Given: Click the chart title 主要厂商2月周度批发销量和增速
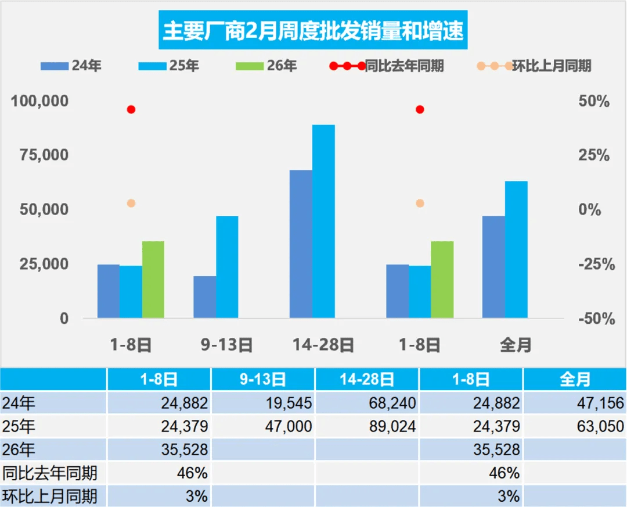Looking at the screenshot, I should click(313, 31).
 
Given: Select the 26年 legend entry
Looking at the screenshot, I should click(266, 66).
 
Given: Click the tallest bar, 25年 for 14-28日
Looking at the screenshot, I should click(323, 221).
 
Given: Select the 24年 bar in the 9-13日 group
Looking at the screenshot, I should click(204, 297).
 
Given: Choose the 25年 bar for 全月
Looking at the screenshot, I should click(516, 249).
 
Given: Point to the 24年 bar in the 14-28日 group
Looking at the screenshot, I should click(301, 244).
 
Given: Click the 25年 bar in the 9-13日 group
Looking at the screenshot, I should click(227, 267).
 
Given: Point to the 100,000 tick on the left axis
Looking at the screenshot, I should click(39, 101).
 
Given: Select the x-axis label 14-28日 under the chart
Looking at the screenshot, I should click(324, 345).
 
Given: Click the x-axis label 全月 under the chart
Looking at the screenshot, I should click(516, 345).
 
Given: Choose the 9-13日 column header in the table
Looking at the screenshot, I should click(263, 380).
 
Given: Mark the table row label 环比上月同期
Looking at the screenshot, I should click(49, 497).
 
